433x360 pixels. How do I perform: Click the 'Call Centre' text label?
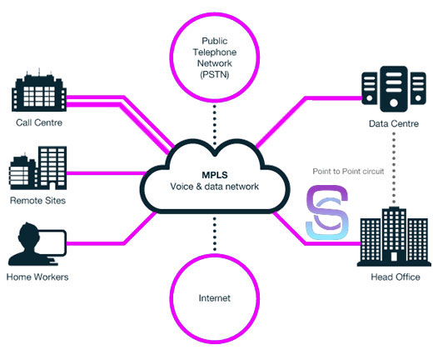coord(38,122)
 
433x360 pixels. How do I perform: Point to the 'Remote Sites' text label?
coord(38,201)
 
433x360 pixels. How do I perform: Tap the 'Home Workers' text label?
coord(37,277)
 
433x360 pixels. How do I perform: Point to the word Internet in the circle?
coord(216,297)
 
